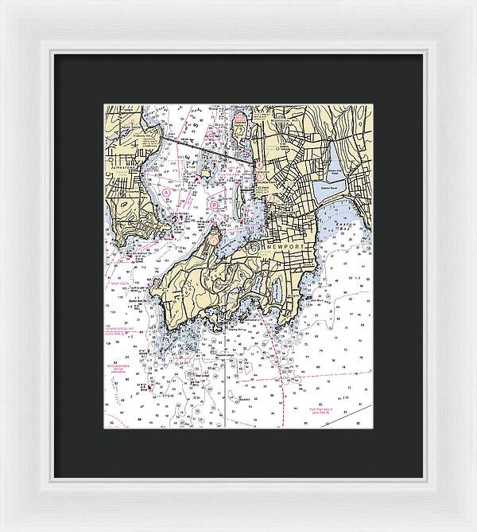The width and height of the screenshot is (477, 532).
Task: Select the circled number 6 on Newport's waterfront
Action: coord(258,166)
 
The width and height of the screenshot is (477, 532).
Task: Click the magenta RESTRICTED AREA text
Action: coord(118,359)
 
